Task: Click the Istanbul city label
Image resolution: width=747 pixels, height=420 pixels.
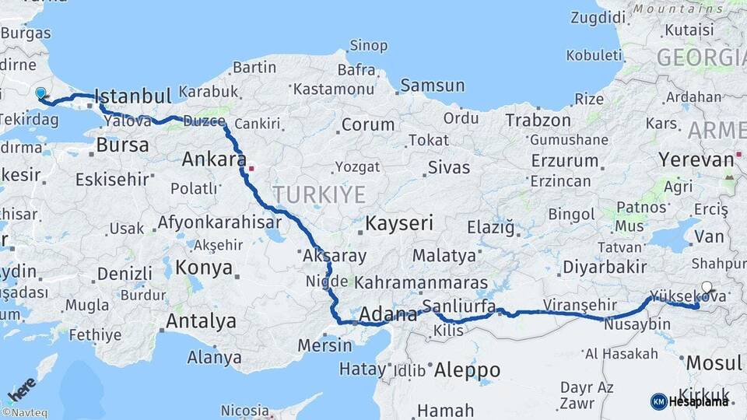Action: [x=132, y=96]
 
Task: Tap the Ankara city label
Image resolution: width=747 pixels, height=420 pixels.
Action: [x=209, y=159]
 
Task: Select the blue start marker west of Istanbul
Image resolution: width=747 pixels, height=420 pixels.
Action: [x=40, y=93]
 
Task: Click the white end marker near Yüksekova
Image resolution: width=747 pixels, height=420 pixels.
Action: [x=707, y=287]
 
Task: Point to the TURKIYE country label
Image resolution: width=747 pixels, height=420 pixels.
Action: [x=318, y=194]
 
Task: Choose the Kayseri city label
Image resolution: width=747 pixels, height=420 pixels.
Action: [x=399, y=224]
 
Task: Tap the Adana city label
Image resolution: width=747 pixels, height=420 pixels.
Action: [x=388, y=315]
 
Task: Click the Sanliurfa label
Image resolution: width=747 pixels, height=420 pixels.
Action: [x=458, y=306]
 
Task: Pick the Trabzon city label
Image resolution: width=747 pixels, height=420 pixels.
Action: [x=538, y=121]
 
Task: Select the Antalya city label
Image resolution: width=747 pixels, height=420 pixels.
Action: [x=201, y=320]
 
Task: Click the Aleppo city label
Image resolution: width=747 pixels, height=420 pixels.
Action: [x=467, y=369]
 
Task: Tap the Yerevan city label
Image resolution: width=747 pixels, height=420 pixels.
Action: [x=696, y=160]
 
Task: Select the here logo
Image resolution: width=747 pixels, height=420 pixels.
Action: [x=22, y=387]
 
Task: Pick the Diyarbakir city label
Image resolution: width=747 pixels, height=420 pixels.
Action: [x=605, y=267]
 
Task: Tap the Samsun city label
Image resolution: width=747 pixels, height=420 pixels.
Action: [x=432, y=86]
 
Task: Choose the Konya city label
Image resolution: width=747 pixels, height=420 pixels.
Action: [x=204, y=268]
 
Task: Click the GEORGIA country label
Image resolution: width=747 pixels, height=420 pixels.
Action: [x=701, y=58]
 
